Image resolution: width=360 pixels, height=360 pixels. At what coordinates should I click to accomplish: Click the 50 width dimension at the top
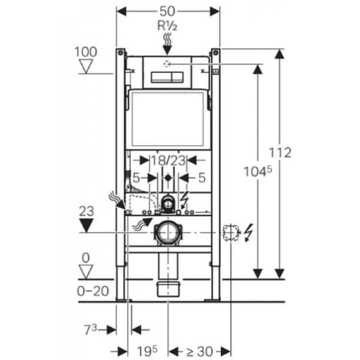(x=167, y=11)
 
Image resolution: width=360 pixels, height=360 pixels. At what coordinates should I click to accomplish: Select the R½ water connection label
(x=167, y=26)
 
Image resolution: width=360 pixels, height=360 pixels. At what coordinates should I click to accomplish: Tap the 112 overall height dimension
(x=280, y=152)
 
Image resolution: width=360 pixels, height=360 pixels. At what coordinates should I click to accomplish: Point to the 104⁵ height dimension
(x=257, y=171)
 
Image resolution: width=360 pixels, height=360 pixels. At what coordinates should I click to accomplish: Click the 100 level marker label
(x=86, y=52)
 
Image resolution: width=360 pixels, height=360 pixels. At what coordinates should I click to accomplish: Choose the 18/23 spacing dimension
(x=168, y=160)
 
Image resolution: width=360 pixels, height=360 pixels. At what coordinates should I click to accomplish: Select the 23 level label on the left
(x=86, y=211)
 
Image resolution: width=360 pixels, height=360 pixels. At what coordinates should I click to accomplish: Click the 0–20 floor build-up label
(x=93, y=291)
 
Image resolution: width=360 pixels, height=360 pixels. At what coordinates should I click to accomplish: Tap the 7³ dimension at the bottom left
(x=91, y=329)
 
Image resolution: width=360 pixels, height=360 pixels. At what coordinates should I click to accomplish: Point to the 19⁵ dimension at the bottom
(x=148, y=351)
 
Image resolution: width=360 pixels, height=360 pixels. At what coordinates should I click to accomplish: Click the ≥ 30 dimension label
(x=200, y=351)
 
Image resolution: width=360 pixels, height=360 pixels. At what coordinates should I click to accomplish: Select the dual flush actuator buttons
(x=167, y=77)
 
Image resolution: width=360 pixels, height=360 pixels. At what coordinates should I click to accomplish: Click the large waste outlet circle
(x=168, y=232)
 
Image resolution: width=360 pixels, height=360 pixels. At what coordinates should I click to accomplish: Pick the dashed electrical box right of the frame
(x=230, y=233)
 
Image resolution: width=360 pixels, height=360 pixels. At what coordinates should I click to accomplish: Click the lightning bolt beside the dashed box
(x=248, y=233)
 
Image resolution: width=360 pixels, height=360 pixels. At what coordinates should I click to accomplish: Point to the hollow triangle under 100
(x=86, y=66)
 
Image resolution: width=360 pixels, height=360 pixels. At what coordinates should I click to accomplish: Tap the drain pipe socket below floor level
(x=168, y=289)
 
